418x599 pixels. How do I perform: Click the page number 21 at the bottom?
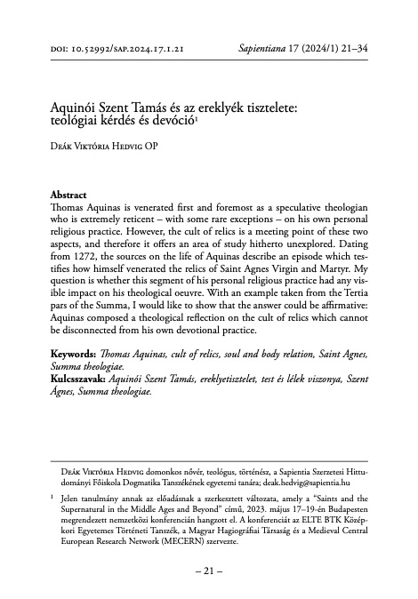208,569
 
